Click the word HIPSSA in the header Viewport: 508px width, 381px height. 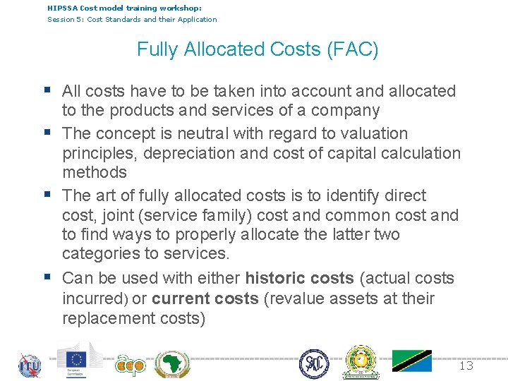(x=62, y=8)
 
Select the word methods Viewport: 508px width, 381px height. (x=95, y=172)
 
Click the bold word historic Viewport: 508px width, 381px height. (x=279, y=278)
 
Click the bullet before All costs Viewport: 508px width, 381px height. (x=47, y=90)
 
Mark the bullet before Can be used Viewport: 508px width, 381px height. (x=47, y=277)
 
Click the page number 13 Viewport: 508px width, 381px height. (x=466, y=365)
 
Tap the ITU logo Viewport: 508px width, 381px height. (x=30, y=365)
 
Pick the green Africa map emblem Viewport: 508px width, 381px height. (x=172, y=364)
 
